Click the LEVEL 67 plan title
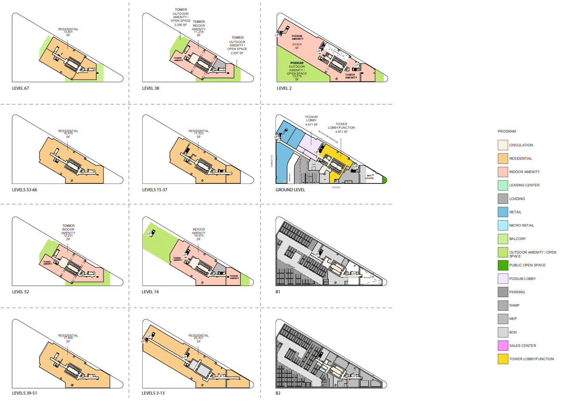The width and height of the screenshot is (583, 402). [x=21, y=88]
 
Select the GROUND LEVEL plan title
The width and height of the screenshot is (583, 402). [x=290, y=190]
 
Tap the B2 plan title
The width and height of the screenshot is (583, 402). [x=278, y=393]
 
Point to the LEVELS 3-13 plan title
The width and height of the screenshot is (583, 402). [x=153, y=393]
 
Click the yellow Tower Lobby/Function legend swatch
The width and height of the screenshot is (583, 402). [x=503, y=359]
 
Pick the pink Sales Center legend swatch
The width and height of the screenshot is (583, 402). [x=503, y=345]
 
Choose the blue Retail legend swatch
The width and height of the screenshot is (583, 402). [x=503, y=212]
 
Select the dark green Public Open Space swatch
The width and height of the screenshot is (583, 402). [x=503, y=265]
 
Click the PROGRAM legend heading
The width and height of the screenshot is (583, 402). [x=507, y=131]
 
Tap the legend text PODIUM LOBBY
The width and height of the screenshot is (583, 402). [x=522, y=278]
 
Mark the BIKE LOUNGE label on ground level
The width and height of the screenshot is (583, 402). [x=369, y=177]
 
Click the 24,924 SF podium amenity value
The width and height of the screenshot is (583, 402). [x=297, y=46]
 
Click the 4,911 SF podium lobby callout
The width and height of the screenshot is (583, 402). [x=311, y=124]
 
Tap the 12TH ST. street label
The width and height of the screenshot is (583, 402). [x=336, y=188]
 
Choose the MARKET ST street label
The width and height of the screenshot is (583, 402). [x=271, y=161]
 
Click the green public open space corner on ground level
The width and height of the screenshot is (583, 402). [x=385, y=180]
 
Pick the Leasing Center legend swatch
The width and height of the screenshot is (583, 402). [x=503, y=185]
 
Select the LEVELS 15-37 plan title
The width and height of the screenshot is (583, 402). [x=155, y=190]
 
